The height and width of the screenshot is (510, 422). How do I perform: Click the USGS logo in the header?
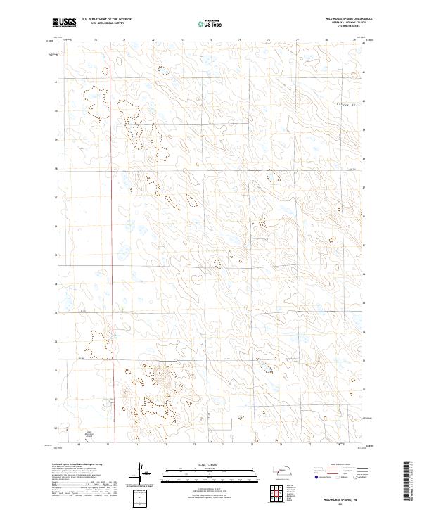64,23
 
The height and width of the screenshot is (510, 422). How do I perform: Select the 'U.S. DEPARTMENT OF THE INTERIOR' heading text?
106,20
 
